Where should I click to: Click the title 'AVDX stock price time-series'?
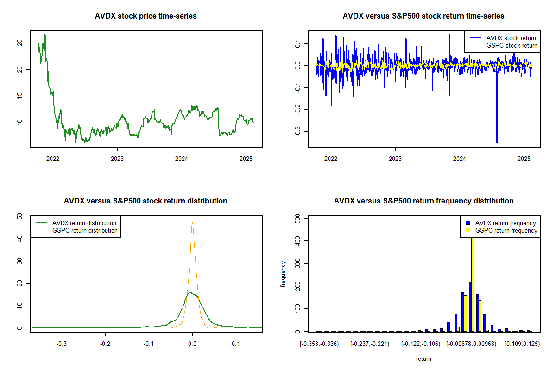pos(145,16)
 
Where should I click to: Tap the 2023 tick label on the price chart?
pos(117,159)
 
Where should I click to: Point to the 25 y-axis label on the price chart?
pos(19,43)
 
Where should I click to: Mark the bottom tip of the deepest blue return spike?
pos(497,143)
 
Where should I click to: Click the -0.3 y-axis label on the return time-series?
pos(297,131)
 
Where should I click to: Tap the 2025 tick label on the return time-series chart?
pos(524,159)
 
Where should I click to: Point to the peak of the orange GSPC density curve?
pos(192,222)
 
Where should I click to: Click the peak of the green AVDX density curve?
pos(190,292)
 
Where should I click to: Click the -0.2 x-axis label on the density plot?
pos(105,344)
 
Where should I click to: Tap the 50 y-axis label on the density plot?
pos(19,216)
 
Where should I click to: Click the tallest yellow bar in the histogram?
pos(473,284)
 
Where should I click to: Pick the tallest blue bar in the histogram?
pos(470,307)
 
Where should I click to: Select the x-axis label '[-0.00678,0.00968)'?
pos(471,344)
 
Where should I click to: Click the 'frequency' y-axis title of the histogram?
pos(283,274)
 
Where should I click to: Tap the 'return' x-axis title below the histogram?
pos(423,358)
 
